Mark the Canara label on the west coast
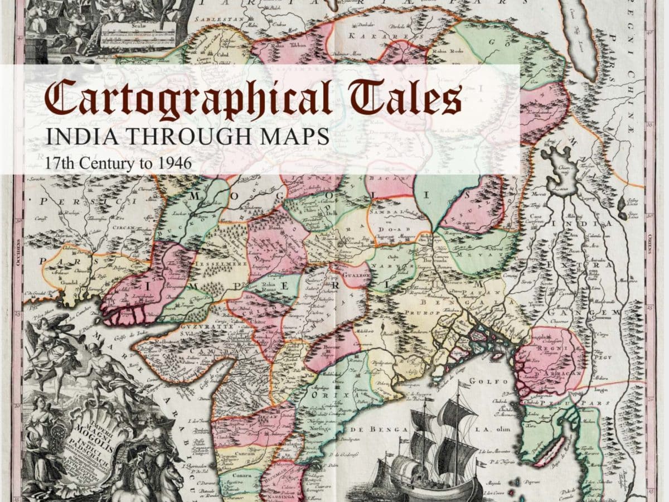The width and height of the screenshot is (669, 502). tap(236, 475)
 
